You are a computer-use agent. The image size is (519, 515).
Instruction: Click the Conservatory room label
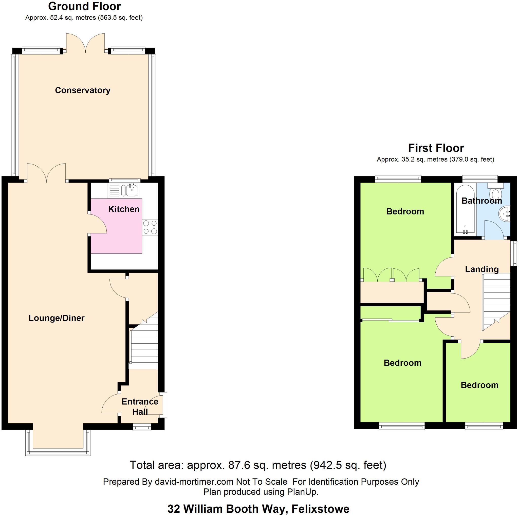(82, 90)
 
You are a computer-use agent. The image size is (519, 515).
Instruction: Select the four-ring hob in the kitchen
(150, 227)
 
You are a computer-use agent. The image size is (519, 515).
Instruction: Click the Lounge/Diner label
(57, 318)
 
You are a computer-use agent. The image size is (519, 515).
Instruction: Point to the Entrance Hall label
(140, 407)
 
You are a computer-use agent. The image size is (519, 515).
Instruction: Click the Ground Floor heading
(84, 6)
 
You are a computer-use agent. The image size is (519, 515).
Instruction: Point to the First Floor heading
(436, 148)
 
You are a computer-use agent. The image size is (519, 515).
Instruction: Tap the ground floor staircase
(144, 346)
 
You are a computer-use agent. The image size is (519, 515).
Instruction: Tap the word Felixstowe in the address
(320, 509)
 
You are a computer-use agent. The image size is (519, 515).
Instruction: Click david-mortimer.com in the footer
(194, 482)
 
